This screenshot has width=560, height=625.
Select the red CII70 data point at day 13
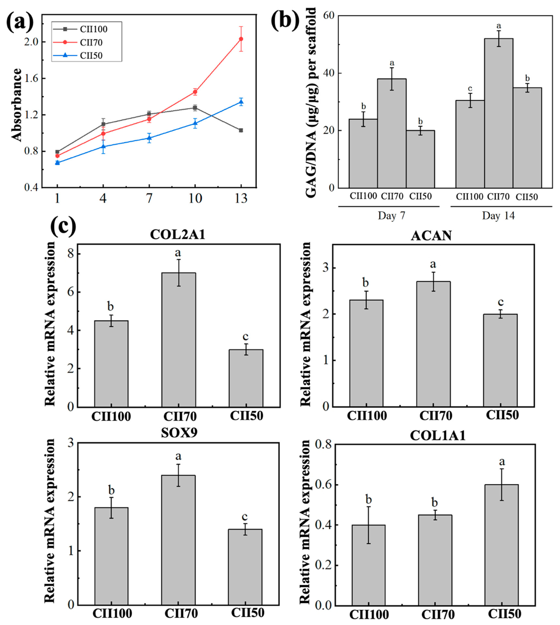tap(241, 39)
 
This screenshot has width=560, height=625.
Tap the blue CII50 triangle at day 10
tap(195, 123)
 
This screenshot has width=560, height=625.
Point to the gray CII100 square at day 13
tap(241, 130)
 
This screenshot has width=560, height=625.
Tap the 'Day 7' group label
tap(391, 216)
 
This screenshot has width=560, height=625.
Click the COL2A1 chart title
tap(178, 235)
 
